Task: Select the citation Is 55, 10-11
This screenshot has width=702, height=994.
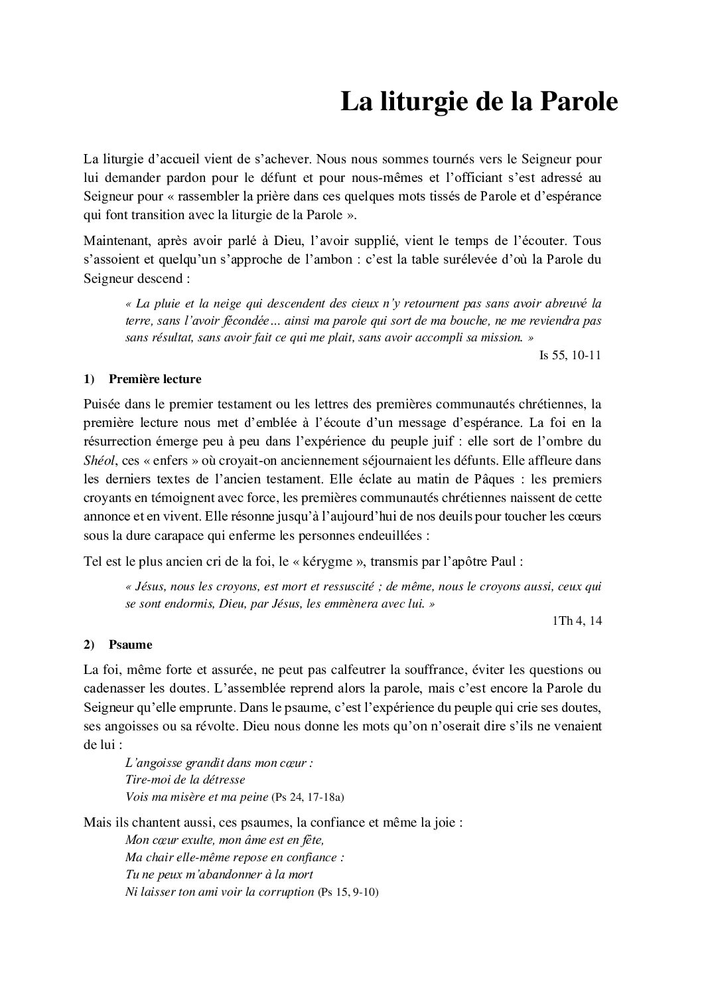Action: (x=570, y=355)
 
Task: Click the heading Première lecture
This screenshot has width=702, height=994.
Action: (x=155, y=379)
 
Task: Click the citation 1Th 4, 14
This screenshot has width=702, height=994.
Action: (x=576, y=621)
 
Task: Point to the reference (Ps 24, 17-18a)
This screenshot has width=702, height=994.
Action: (x=309, y=796)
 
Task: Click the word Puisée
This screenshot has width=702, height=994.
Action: (x=103, y=404)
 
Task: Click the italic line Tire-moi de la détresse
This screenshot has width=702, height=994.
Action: (x=185, y=780)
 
